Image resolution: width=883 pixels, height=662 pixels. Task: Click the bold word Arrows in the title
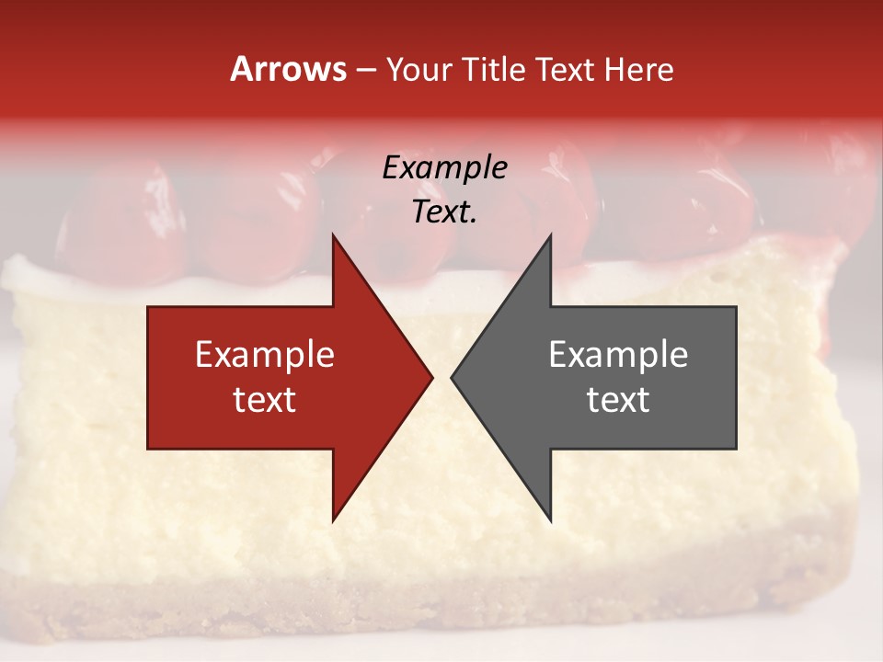pyautogui.click(x=288, y=69)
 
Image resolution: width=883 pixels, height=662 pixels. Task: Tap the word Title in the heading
pyautogui.click(x=495, y=69)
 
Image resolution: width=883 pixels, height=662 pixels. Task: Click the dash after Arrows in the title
pyautogui.click(x=365, y=70)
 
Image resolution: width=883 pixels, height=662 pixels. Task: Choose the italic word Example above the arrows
pyautogui.click(x=444, y=167)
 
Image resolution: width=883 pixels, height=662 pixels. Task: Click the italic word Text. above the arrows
pyautogui.click(x=444, y=211)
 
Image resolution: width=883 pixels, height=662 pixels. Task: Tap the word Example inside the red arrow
pyautogui.click(x=265, y=355)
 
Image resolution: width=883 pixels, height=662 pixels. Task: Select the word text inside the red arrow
pyautogui.click(x=265, y=400)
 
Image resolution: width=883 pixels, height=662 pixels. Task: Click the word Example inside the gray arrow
pyautogui.click(x=618, y=355)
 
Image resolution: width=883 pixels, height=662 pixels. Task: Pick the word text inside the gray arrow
pyautogui.click(x=618, y=400)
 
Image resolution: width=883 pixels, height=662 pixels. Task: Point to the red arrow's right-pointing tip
pyautogui.click(x=432, y=377)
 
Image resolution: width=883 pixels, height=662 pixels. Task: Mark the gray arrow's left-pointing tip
pyautogui.click(x=452, y=377)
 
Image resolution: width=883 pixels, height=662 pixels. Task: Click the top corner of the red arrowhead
pyautogui.click(x=333, y=234)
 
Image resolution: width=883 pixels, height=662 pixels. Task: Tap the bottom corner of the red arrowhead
pyautogui.click(x=333, y=521)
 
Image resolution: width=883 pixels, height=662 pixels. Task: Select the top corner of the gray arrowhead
pyautogui.click(x=550, y=234)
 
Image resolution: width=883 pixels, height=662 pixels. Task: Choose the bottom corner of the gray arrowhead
pyautogui.click(x=550, y=521)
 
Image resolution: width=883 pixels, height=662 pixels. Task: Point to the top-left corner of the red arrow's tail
pyautogui.click(x=148, y=306)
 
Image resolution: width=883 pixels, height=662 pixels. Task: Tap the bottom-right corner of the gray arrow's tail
pyautogui.click(x=736, y=449)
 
